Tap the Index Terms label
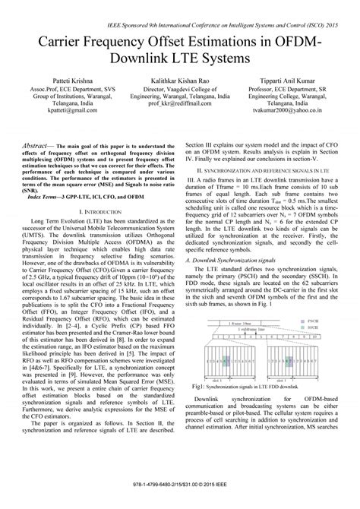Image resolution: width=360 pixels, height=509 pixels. point(49,217)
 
